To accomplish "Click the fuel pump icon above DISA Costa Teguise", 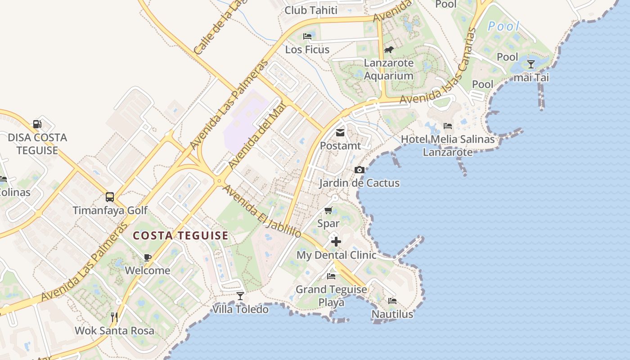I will point(37,124).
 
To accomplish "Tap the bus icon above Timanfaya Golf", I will point(109,197).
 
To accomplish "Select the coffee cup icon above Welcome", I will point(147,257).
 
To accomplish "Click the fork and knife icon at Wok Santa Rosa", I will point(114,317).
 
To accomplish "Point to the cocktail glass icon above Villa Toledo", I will point(240,296).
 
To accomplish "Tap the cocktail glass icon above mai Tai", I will point(531,64).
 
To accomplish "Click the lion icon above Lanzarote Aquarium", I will point(388,49).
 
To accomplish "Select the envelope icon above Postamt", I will point(340,133).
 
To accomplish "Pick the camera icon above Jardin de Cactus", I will point(359,170).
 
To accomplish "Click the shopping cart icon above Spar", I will point(328,210).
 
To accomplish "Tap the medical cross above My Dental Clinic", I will point(336,242).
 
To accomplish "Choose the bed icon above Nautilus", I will point(392,301).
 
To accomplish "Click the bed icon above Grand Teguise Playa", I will point(332,276).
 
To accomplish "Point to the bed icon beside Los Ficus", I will point(308,36).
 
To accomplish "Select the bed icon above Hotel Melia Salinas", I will point(448,126).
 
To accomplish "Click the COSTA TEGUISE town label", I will point(180,235).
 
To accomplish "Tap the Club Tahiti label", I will point(311,10).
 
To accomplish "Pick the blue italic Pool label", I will point(504,26).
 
